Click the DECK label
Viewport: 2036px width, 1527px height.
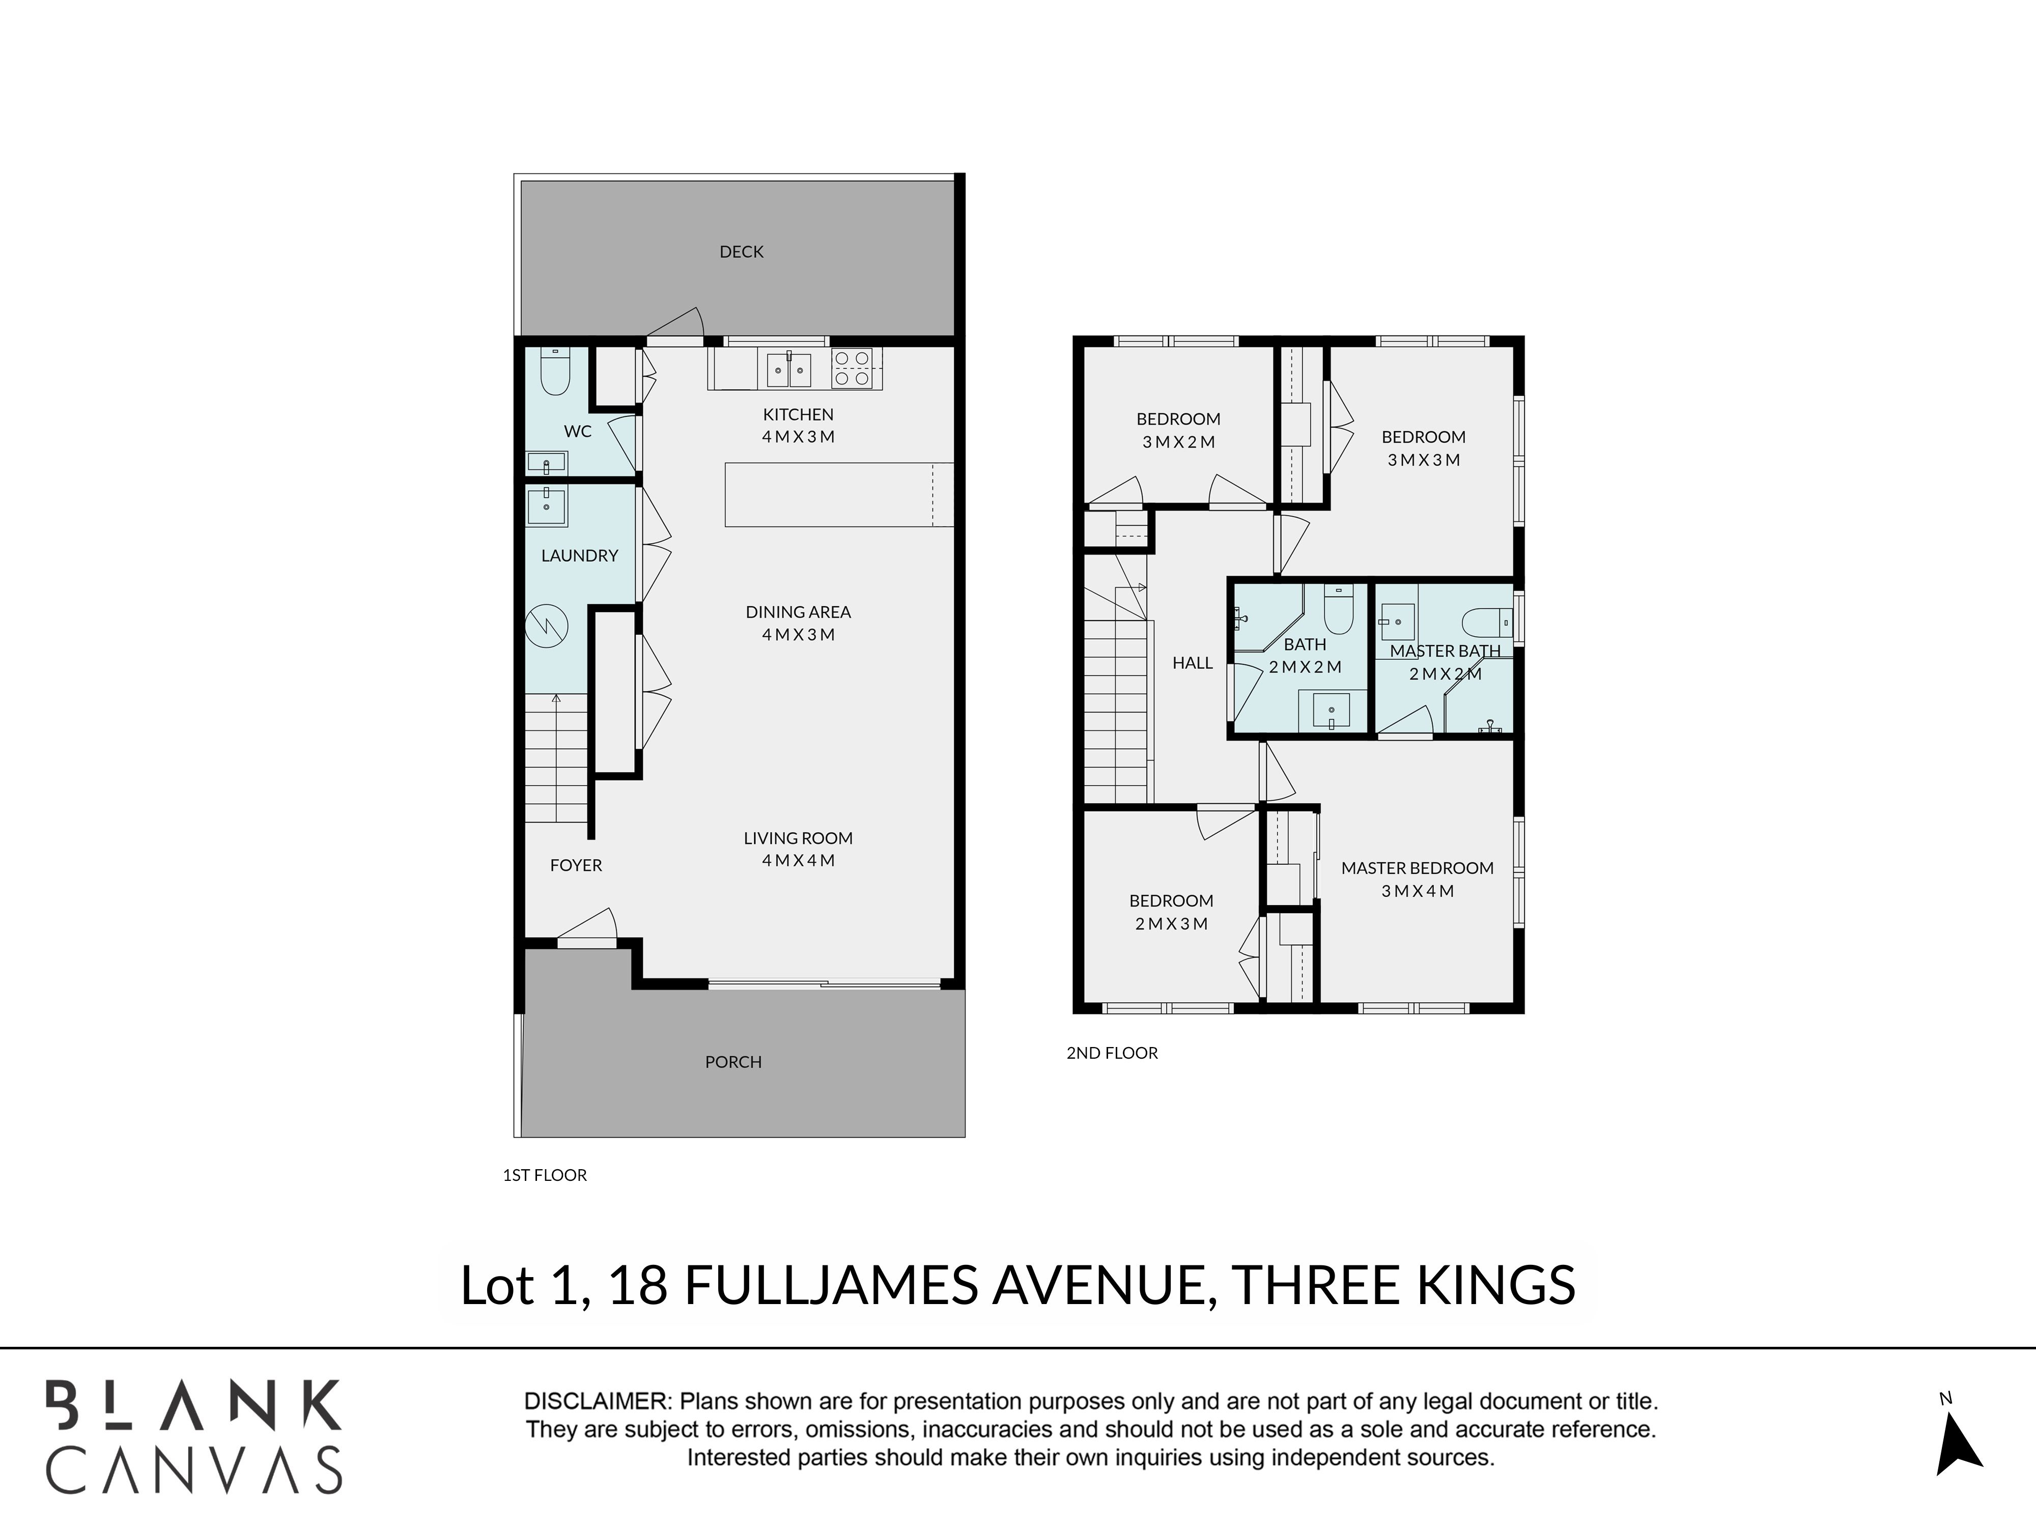click(x=741, y=251)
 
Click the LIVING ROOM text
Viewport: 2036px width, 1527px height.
click(x=798, y=838)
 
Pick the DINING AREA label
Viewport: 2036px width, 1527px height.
click(x=798, y=611)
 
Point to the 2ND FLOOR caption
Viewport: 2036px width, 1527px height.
click(x=1112, y=1053)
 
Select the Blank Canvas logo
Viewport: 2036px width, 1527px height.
click(x=194, y=1437)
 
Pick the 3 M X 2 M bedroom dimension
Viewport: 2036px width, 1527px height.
click(x=1178, y=442)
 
